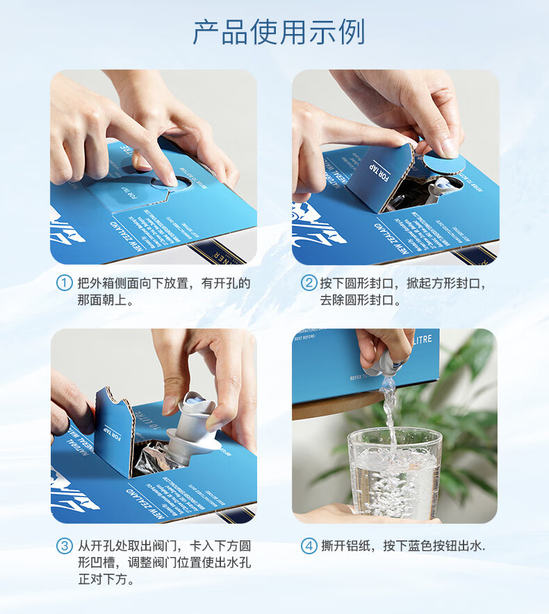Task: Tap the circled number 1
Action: (64, 283)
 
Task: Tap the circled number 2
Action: (308, 283)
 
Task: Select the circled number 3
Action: (64, 546)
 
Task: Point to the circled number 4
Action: (308, 546)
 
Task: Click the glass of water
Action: (394, 472)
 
